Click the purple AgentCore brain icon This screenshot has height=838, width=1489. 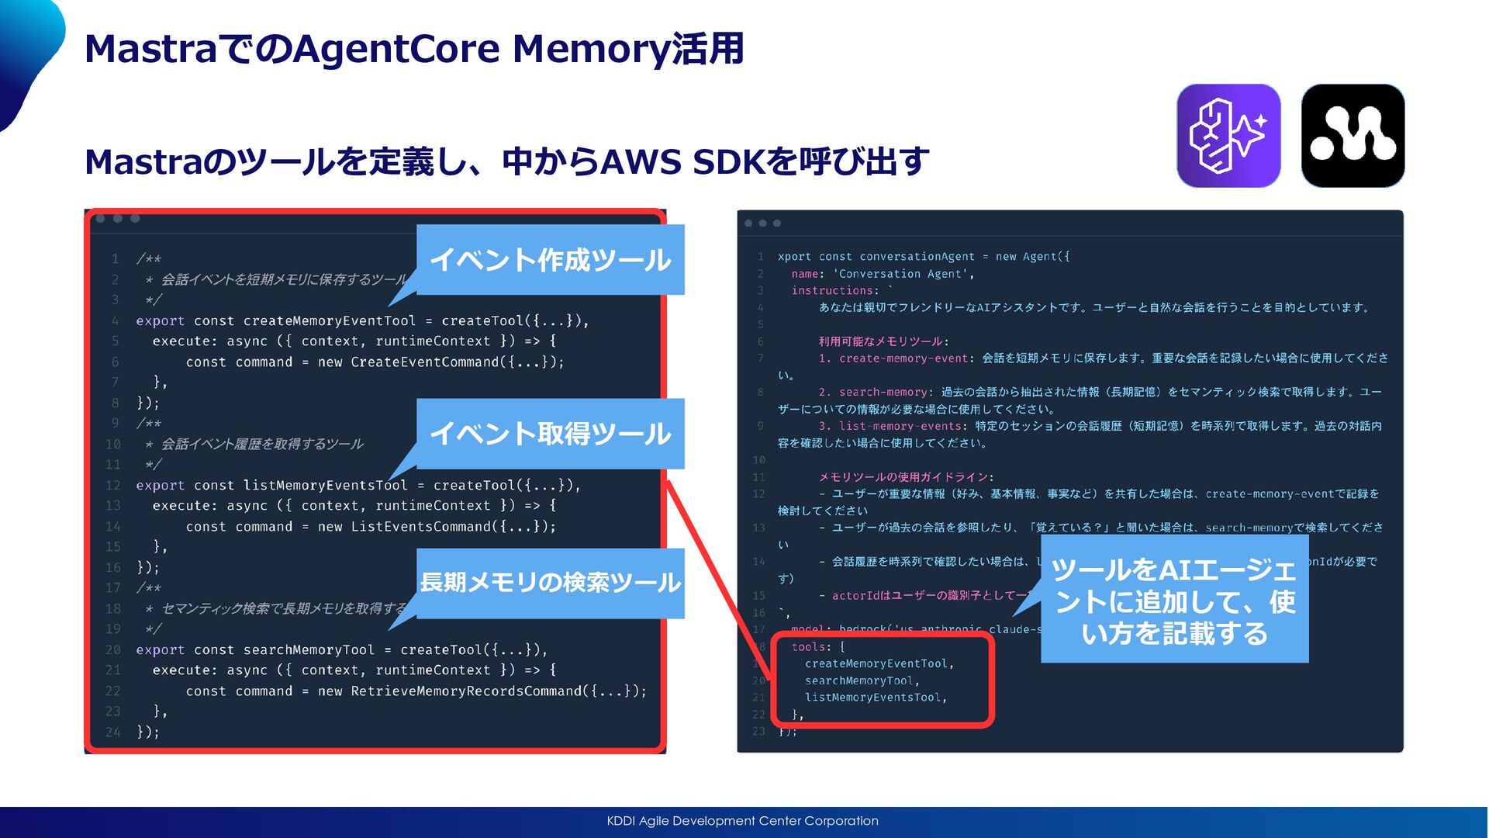[x=1228, y=136]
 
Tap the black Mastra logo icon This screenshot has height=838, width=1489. [x=1353, y=136]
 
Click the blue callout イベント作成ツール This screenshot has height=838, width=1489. [x=550, y=260]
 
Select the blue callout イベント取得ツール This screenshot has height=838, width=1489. [x=550, y=434]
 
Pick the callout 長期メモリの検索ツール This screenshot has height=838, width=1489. [x=550, y=583]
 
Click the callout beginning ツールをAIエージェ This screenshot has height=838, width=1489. [x=1174, y=602]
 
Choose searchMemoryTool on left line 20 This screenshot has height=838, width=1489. [x=309, y=650]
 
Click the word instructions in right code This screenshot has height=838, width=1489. [x=832, y=291]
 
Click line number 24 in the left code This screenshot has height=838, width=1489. [x=113, y=732]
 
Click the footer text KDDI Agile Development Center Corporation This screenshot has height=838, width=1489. [x=742, y=821]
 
